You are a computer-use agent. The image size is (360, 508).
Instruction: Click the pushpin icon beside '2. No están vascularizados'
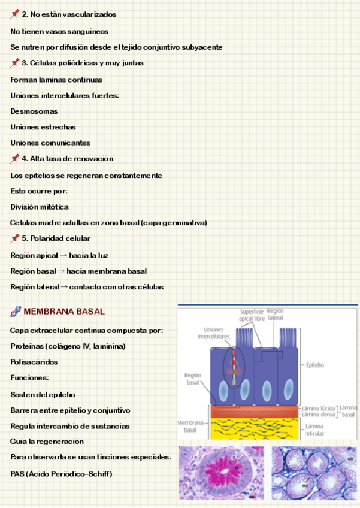tap(15, 14)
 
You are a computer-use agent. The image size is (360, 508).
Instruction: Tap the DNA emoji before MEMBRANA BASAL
tap(16, 312)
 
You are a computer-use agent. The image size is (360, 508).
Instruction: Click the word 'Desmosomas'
tap(34, 111)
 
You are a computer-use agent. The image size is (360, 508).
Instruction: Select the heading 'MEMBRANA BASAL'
tap(64, 312)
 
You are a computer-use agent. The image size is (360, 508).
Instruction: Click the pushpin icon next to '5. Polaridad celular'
tap(15, 238)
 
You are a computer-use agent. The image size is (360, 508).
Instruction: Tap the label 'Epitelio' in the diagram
tap(316, 364)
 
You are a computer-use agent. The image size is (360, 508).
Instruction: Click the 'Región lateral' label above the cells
tap(276, 315)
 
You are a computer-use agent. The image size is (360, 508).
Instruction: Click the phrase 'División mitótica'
tap(40, 207)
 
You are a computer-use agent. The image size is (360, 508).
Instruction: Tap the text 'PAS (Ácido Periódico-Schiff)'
tap(61, 474)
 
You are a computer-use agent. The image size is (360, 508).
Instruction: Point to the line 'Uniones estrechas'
tap(43, 127)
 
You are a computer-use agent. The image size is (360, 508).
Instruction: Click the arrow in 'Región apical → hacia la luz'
tap(63, 255)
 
